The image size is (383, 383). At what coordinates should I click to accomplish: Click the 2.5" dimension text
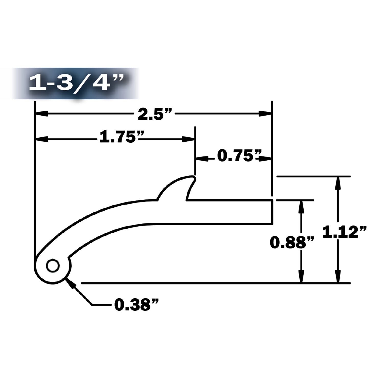coord(154,114)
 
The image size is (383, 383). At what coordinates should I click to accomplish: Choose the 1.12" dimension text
coord(344,232)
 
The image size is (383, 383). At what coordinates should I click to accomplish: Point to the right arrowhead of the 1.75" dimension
coord(188,139)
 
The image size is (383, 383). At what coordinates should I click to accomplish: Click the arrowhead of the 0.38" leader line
coord(69,281)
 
